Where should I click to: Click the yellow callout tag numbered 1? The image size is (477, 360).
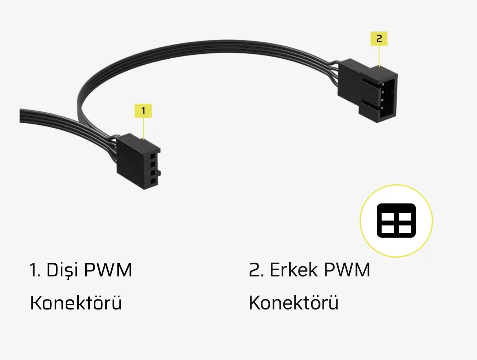pos(143,110)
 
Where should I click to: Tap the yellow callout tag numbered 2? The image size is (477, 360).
pos(379,39)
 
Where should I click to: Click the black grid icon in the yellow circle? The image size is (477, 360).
pos(396,221)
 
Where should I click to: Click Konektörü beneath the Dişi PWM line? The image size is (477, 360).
pos(76,303)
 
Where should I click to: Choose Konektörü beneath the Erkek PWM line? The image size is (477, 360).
pos(294,303)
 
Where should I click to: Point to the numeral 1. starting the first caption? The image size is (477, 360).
pos(35,270)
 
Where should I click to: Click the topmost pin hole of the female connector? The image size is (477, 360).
pos(153,156)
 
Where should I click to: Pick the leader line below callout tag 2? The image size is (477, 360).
pos(380,55)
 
